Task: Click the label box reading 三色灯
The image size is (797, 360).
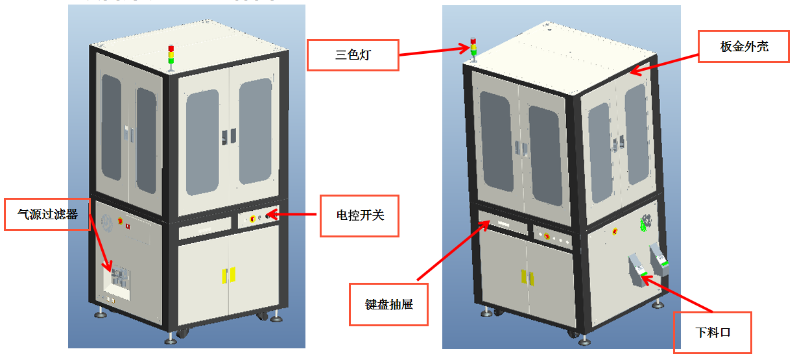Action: [352, 55]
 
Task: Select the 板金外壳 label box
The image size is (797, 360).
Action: [734, 47]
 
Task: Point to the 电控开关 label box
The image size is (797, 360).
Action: [359, 215]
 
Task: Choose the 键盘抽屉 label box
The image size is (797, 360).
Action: [389, 304]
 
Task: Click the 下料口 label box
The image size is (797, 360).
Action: [713, 332]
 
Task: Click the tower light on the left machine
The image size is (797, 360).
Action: [171, 54]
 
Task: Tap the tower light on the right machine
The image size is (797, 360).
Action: [473, 49]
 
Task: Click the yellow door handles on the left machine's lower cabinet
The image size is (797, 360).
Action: [228, 274]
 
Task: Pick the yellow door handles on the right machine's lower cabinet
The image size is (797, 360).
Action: [526, 277]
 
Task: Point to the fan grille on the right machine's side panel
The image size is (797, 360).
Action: [645, 222]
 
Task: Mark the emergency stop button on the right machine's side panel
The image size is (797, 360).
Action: [615, 230]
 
